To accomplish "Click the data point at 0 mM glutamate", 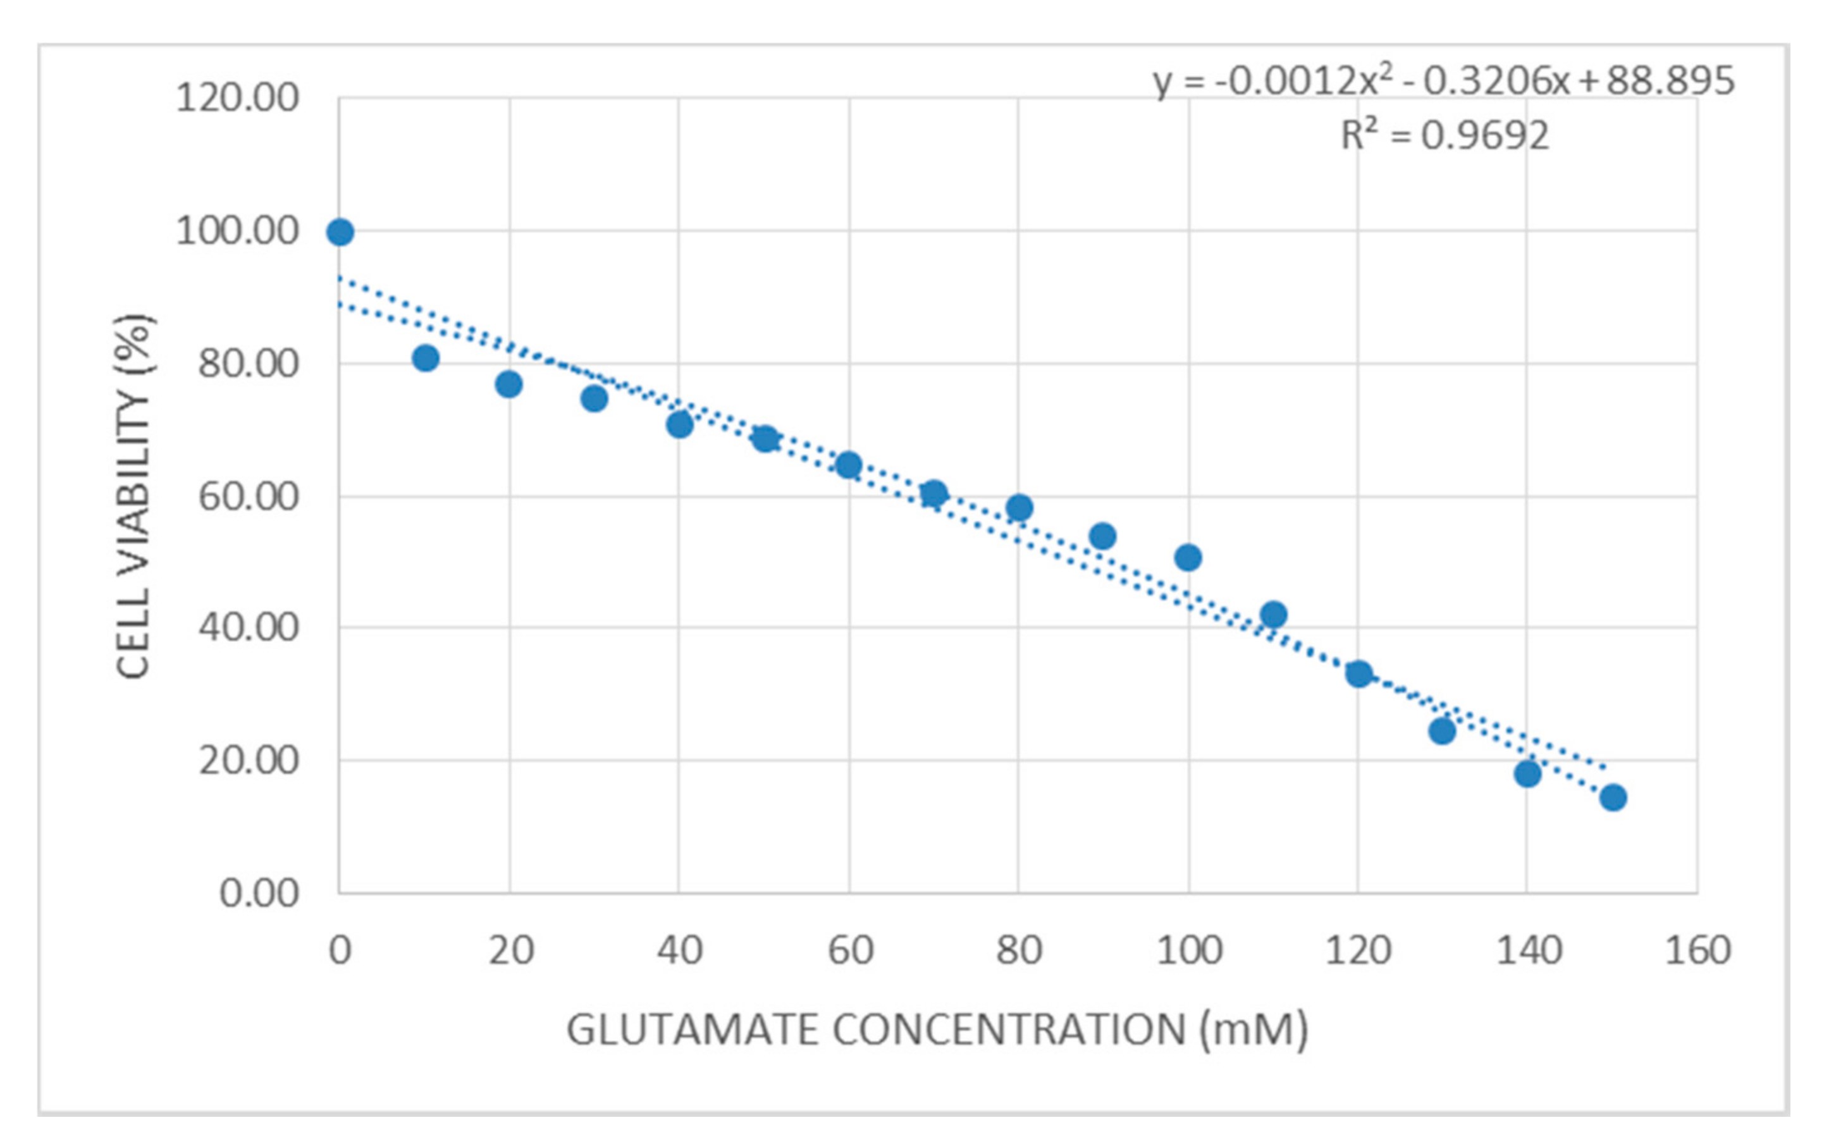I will [x=340, y=232].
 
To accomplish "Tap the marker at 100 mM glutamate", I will [x=1188, y=558].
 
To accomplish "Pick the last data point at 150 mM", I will [x=1613, y=797].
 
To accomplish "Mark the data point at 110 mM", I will [x=1274, y=615].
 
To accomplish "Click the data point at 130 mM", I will [x=1443, y=731].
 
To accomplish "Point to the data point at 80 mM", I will [x=1019, y=508].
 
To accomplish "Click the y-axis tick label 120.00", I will [x=237, y=99].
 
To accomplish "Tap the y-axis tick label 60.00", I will [x=248, y=497].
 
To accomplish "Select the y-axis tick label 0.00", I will [x=259, y=894].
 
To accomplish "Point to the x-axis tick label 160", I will [x=1697, y=950].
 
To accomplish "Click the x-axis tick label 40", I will [x=679, y=950].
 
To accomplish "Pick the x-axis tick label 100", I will [x=1189, y=950].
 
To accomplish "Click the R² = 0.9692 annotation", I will [x=1444, y=136].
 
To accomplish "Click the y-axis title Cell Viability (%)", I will [x=134, y=496].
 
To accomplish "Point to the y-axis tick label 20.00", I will [x=248, y=761].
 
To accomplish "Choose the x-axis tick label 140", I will [x=1529, y=950].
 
